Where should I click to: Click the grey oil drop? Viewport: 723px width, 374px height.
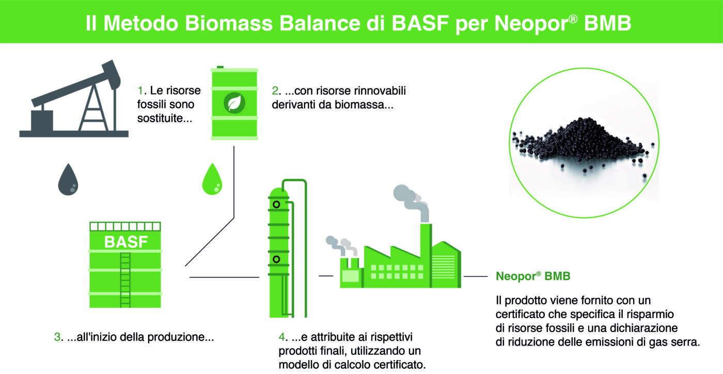click(68, 180)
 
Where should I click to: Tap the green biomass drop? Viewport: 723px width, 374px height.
click(212, 180)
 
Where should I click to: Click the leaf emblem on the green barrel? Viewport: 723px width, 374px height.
click(234, 103)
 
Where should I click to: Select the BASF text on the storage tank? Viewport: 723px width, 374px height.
click(126, 242)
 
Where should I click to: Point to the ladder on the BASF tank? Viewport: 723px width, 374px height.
click(125, 279)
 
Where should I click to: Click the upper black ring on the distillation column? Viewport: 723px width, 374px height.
click(276, 205)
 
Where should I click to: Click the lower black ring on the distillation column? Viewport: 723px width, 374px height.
click(276, 259)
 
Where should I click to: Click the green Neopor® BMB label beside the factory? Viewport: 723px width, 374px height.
click(533, 276)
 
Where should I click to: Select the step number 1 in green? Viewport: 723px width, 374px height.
click(140, 90)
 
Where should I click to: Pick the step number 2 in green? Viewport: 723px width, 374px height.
click(275, 91)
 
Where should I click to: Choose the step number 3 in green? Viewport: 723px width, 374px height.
click(57, 337)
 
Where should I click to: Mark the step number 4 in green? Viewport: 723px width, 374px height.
click(282, 337)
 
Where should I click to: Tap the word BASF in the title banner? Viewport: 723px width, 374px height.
click(420, 23)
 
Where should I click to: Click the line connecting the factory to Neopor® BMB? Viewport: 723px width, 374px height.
click(476, 276)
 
